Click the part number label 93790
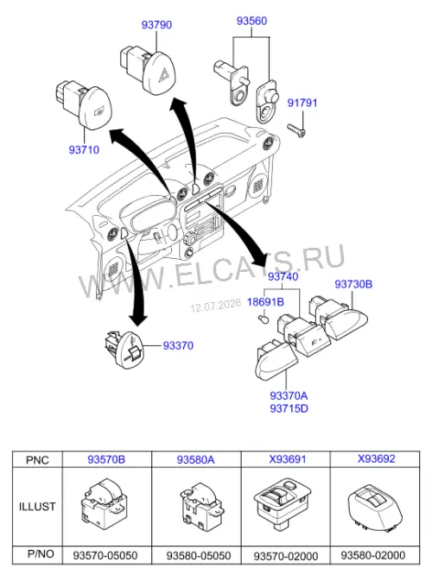pyautogui.click(x=156, y=25)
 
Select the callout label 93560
pyautogui.click(x=251, y=21)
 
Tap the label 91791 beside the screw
pyautogui.click(x=302, y=103)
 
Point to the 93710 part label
pyautogui.click(x=84, y=149)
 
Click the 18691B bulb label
pyautogui.click(x=265, y=302)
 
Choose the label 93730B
pyautogui.click(x=353, y=284)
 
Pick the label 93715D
pyautogui.click(x=289, y=408)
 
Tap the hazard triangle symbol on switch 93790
pyautogui.click(x=163, y=77)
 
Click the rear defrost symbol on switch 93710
pyautogui.click(x=98, y=111)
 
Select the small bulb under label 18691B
pyautogui.click(x=263, y=319)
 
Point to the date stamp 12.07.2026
pyautogui.click(x=216, y=306)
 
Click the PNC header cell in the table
pyautogui.click(x=37, y=460)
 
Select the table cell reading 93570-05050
pyautogui.click(x=105, y=555)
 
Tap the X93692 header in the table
pyautogui.click(x=377, y=458)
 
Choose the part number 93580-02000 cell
pyautogui.click(x=373, y=555)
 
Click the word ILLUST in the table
pyautogui.click(x=37, y=507)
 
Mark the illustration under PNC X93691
pyautogui.click(x=283, y=504)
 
